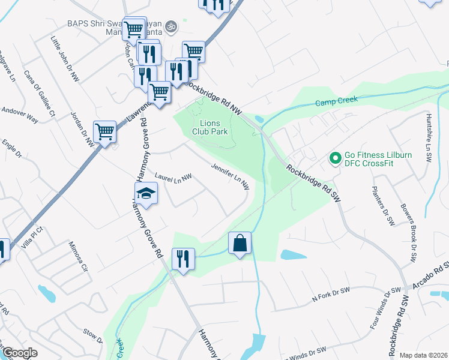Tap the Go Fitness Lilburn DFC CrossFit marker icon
334,159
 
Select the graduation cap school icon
146,193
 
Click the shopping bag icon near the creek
240,243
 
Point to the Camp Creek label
337,100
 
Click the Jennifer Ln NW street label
230,176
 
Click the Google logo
19,353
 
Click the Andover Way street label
20,115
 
